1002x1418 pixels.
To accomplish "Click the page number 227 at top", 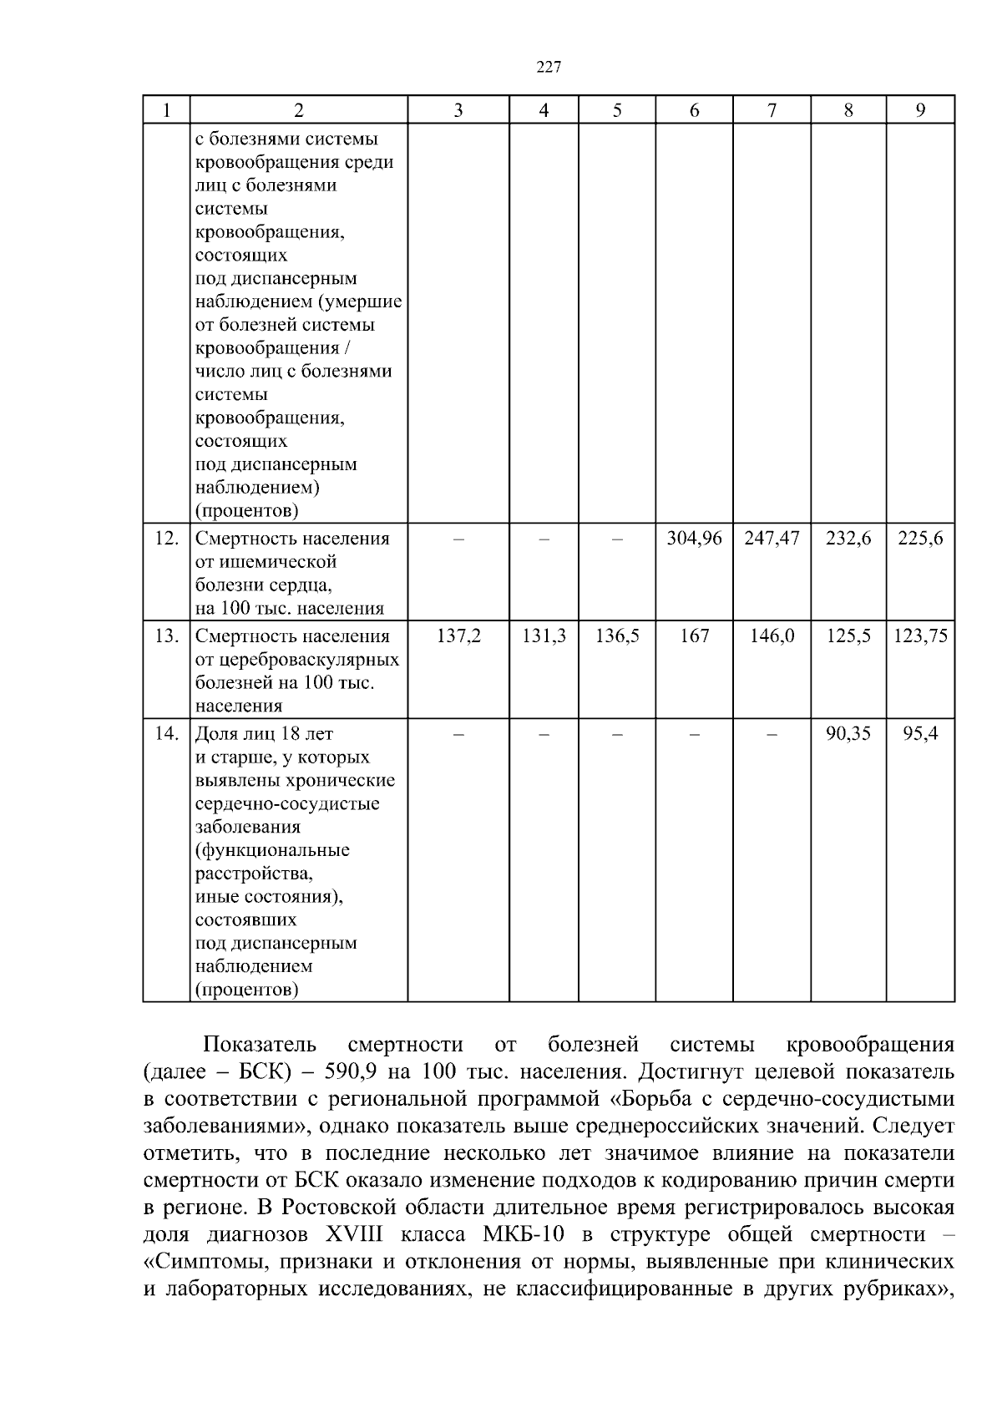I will click(x=548, y=68).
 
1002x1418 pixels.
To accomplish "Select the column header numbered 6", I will click(x=694, y=110).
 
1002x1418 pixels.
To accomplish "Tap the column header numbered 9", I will click(x=920, y=110).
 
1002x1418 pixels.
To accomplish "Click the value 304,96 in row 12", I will click(x=694, y=539).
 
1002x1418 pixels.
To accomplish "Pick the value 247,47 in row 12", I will click(x=772, y=539).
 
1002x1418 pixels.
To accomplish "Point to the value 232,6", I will click(x=848, y=539).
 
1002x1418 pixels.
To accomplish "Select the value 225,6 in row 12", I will click(x=920, y=539).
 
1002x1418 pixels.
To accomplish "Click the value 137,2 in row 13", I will click(x=458, y=636).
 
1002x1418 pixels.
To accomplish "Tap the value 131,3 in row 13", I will click(x=544, y=636).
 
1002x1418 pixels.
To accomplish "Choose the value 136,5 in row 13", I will click(x=617, y=636).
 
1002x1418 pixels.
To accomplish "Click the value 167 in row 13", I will click(x=694, y=636).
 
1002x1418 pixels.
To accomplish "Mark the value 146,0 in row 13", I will click(x=772, y=636).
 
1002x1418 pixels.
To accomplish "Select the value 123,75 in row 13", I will click(x=920, y=636).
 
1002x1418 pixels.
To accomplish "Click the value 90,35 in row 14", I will click(x=848, y=734).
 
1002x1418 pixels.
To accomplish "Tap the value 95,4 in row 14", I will click(x=920, y=734).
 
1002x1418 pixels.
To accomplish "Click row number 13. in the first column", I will click(x=167, y=636).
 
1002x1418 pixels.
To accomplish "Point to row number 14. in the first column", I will click(x=167, y=734).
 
